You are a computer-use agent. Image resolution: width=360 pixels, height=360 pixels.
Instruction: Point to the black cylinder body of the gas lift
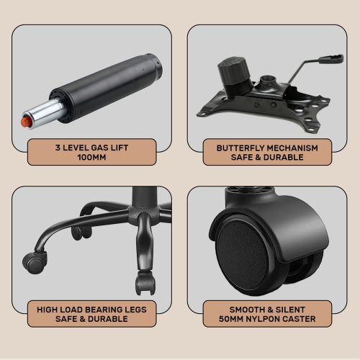click(x=106, y=87)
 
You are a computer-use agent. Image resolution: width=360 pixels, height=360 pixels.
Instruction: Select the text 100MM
click(x=91, y=158)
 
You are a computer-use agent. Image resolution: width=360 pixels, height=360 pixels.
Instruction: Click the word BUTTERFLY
click(x=240, y=148)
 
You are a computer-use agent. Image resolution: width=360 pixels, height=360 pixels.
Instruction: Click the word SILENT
click(x=290, y=310)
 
